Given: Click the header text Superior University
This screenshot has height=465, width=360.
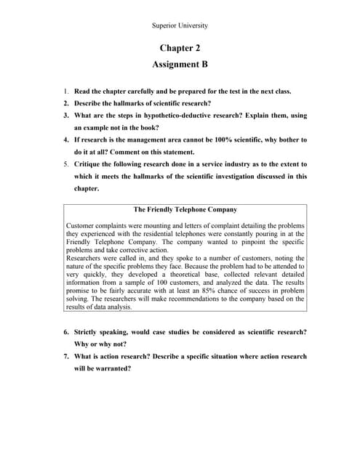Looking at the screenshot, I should coord(180,25).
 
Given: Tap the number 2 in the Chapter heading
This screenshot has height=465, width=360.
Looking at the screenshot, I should coord(197,48).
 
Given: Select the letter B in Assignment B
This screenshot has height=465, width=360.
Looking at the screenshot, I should coord(204,64).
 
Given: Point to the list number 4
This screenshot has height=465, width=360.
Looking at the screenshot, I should coord(65,139).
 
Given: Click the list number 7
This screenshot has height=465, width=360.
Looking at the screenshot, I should coord(65,356).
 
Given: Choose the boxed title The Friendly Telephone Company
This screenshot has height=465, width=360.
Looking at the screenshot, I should coord(185,209).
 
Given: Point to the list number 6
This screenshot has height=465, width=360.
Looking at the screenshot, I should coord(65,332).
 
